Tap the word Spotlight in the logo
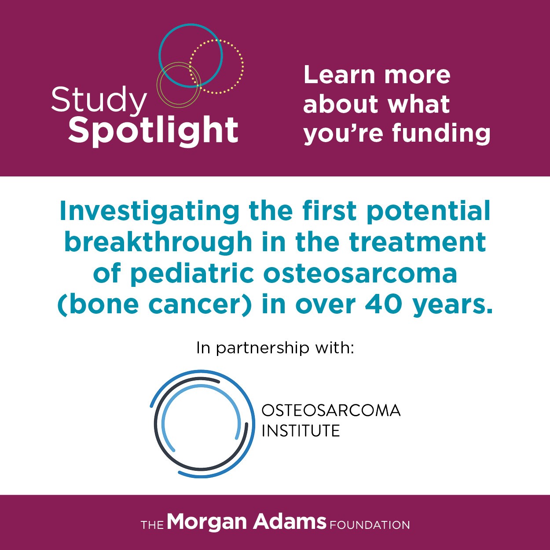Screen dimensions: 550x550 [153, 131]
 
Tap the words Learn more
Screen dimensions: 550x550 [377, 75]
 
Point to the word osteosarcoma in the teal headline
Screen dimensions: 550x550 [360, 273]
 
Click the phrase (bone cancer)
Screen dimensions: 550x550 [154, 304]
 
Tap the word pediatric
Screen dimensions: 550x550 [192, 274]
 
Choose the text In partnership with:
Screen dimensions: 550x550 [275, 348]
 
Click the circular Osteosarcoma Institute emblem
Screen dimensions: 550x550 [202, 424]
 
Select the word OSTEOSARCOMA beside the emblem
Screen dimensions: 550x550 [331, 411]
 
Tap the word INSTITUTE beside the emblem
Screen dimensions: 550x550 [301, 431]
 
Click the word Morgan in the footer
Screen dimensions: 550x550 [207, 522]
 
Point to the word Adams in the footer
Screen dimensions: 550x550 [290, 522]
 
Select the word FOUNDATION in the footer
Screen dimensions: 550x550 [370, 525]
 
